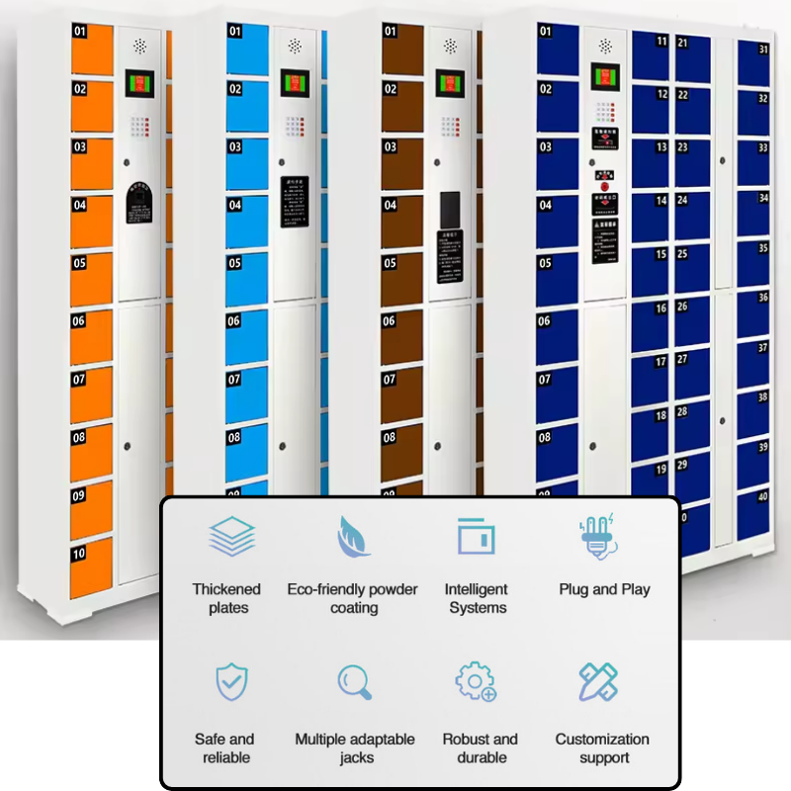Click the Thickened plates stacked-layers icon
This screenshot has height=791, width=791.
tap(232, 537)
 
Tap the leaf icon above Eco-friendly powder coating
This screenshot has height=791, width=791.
tap(354, 537)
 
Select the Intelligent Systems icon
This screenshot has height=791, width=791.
tap(476, 537)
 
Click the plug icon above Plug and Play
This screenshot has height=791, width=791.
tap(597, 537)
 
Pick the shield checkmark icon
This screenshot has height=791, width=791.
tap(231, 682)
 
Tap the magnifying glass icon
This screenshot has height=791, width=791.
tap(354, 682)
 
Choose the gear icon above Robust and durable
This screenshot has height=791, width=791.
tap(476, 682)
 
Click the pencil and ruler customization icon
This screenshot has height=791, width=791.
tap(598, 682)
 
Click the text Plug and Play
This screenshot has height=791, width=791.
tap(604, 589)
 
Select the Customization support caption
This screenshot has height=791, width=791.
tap(602, 748)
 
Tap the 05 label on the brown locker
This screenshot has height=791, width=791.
tap(390, 264)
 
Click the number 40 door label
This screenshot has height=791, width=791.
tap(762, 497)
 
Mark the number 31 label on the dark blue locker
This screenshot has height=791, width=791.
tap(762, 48)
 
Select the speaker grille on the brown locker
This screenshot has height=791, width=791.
tap(450, 45)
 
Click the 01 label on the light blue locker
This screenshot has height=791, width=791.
tap(234, 31)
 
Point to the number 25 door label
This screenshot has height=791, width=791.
tap(683, 254)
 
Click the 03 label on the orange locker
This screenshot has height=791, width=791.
tap(79, 147)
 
